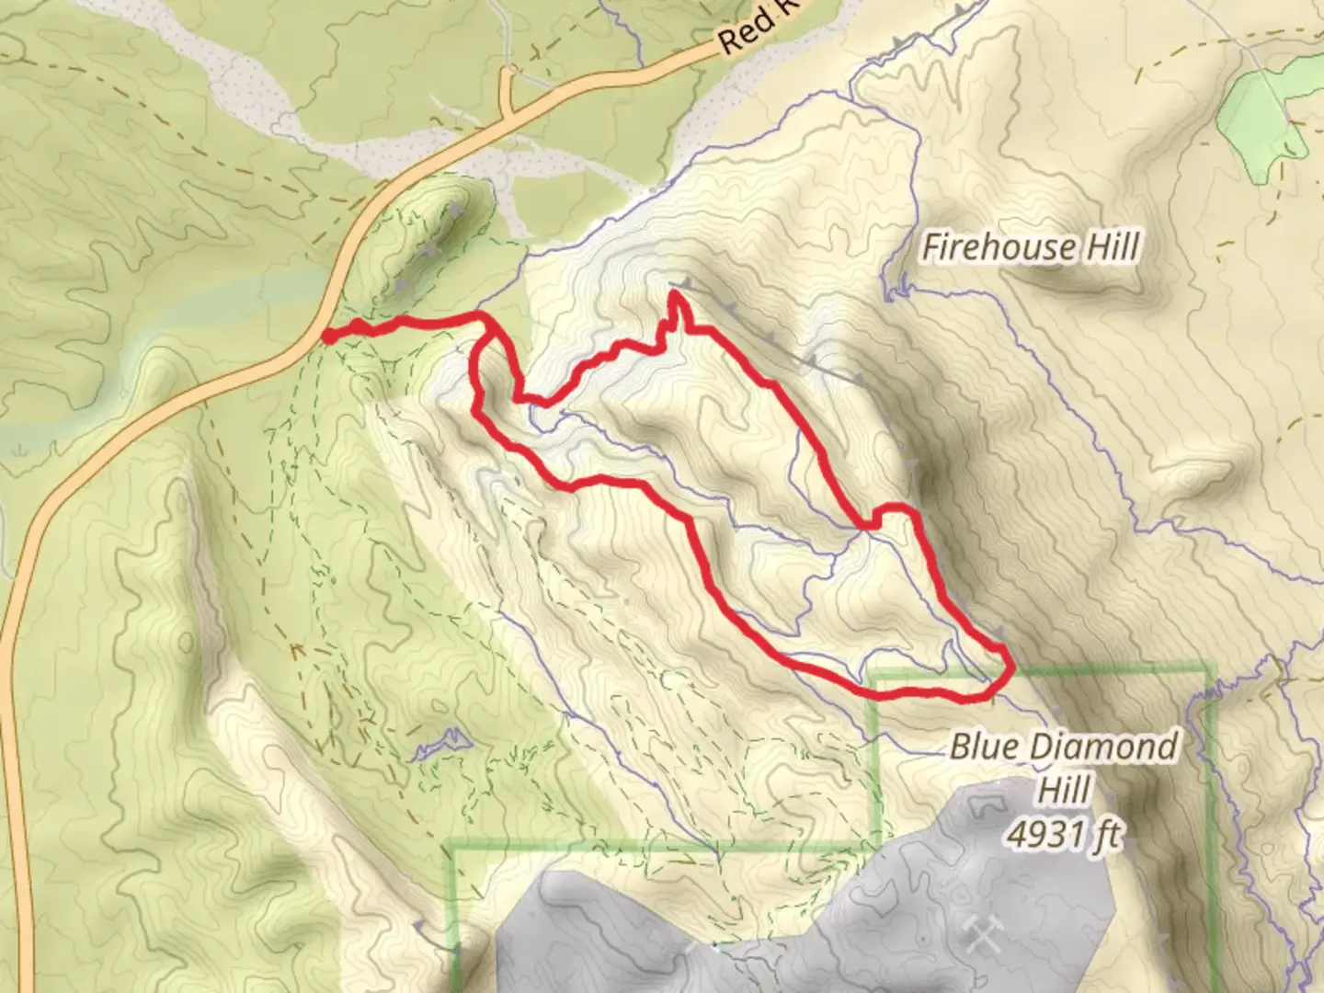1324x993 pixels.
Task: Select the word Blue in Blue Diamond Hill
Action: coord(984,746)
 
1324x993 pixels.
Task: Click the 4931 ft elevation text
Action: coord(1065,834)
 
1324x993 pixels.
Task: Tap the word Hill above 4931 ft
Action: coord(1065,790)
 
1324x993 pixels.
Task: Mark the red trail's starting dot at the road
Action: coord(329,337)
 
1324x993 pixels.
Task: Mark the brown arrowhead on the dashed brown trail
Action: coord(297,651)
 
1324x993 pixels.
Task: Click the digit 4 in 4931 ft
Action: coord(1018,834)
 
